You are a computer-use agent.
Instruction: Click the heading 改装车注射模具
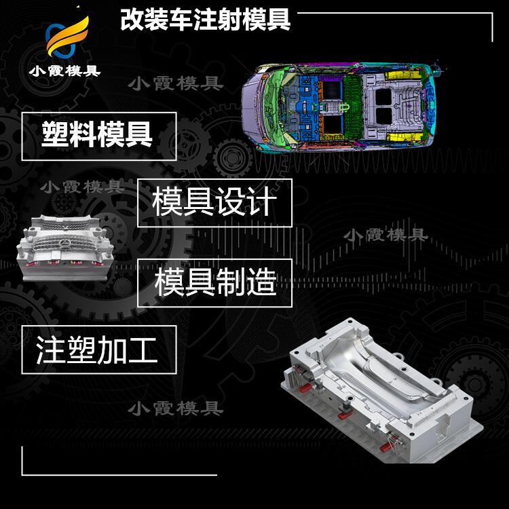pyautogui.click(x=205, y=20)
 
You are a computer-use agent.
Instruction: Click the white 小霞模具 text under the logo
pyautogui.click(x=64, y=71)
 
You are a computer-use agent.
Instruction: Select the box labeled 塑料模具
pyautogui.click(x=99, y=136)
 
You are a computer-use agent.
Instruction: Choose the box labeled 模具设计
pyautogui.click(x=214, y=203)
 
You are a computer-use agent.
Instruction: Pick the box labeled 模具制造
pyautogui.click(x=214, y=283)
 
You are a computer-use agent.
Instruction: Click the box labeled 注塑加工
pyautogui.click(x=99, y=350)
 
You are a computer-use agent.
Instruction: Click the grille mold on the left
pyautogui.click(x=65, y=247)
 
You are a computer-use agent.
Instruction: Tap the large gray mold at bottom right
pyautogui.click(x=381, y=390)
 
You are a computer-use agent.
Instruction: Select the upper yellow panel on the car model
pyautogui.click(x=402, y=75)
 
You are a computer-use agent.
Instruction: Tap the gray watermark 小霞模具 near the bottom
pyautogui.click(x=176, y=409)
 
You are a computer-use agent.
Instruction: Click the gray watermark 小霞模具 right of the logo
pyautogui.click(x=176, y=83)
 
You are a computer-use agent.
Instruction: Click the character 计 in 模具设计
pyautogui.click(x=262, y=202)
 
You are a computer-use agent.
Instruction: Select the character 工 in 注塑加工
pyautogui.click(x=143, y=350)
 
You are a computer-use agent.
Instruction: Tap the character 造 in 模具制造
pyautogui.click(x=262, y=282)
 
